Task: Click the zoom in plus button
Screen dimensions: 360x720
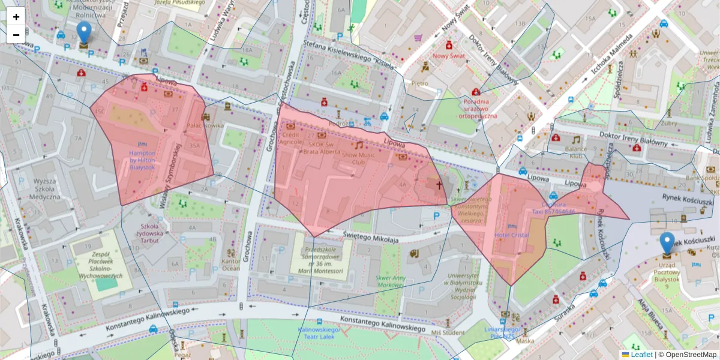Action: [x=16, y=17]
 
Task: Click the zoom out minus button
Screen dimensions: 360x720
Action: [x=16, y=35]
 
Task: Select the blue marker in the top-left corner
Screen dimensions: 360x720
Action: [x=84, y=34]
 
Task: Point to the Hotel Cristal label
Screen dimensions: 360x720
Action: [x=511, y=235]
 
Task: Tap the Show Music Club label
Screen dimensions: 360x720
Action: [x=358, y=158]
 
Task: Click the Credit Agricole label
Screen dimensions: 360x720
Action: [x=291, y=139]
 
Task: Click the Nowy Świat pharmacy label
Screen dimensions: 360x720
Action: [x=449, y=56]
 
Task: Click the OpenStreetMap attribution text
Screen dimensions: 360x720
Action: [x=688, y=355]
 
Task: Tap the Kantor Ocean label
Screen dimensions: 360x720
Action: [x=231, y=264]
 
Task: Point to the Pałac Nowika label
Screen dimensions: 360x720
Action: [x=205, y=125]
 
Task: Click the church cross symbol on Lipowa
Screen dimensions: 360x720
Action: [x=439, y=186]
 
